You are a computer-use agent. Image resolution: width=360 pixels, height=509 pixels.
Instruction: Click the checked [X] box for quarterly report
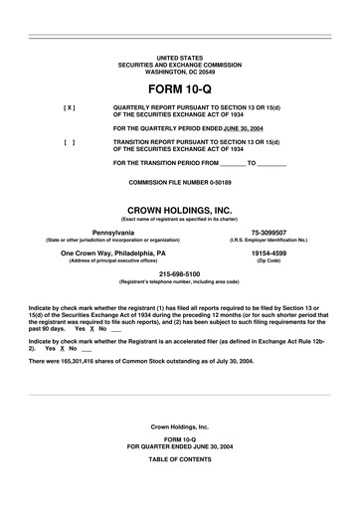point(69,106)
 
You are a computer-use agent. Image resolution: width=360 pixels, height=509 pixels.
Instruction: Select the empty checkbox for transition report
point(69,142)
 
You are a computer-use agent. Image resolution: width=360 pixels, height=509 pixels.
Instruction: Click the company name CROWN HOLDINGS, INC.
point(179,209)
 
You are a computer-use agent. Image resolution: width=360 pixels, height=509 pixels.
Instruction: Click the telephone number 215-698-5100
point(179,274)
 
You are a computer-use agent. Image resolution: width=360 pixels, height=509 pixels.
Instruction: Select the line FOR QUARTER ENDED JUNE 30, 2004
point(179,447)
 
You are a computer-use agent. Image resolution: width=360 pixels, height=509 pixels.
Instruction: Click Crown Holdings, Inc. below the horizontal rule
point(179,425)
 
